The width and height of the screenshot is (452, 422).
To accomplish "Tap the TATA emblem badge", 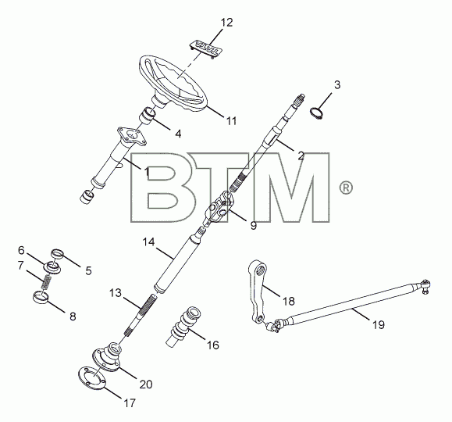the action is tap(206, 49).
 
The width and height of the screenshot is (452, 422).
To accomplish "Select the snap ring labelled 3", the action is tap(317, 113).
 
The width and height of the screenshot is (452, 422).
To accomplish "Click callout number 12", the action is tap(226, 23).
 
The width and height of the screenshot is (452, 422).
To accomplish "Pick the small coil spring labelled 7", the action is tap(47, 282).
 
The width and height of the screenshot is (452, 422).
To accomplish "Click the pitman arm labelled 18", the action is tap(258, 291).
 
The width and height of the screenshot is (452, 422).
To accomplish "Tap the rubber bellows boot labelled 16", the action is tap(183, 326).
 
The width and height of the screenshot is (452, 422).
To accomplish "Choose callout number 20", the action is tap(146, 384).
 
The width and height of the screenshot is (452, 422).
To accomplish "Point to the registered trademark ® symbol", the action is tap(346, 188).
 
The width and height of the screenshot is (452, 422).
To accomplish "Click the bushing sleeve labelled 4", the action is tap(148, 116).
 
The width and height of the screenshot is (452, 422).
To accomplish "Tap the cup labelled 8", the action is tap(41, 298).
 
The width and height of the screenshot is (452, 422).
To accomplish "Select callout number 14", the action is tap(149, 242).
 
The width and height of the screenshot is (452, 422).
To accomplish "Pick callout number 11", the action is tap(231, 121).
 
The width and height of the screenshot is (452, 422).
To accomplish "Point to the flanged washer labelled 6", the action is tap(52, 268).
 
